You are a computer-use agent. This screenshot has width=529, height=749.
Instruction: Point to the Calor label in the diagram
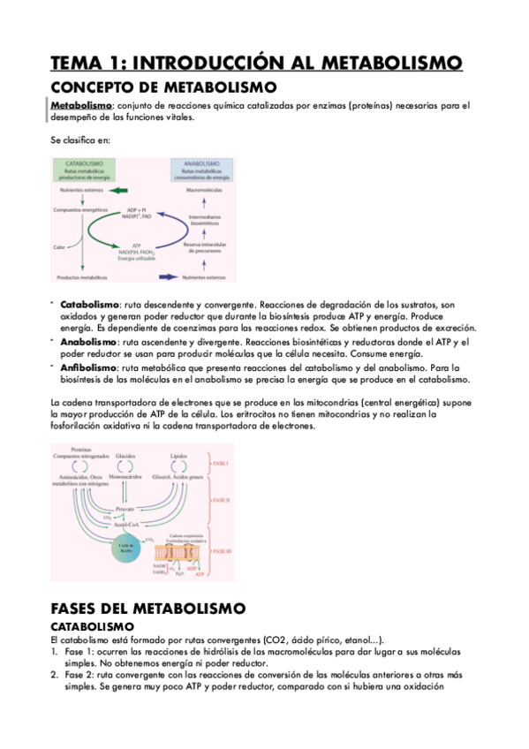60,246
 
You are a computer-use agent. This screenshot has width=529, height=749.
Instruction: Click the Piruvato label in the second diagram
125,510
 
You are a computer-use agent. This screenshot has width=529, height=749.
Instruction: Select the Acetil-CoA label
125,526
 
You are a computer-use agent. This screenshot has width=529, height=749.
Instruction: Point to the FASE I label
222,463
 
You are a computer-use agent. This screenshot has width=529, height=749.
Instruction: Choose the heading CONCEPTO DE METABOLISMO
163,87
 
